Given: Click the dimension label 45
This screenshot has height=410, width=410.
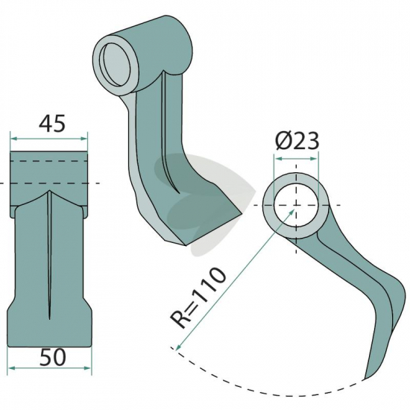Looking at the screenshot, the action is (51, 124).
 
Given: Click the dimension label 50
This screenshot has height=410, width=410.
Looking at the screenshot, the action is (53, 357).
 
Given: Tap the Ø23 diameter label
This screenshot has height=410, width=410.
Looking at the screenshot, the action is (297, 140).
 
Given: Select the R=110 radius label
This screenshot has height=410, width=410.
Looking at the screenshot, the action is (198, 297).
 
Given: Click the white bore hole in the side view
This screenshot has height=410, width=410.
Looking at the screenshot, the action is (296, 206).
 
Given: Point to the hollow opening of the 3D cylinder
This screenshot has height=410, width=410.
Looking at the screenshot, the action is (116, 65).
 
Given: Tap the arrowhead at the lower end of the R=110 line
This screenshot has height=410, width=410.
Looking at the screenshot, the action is (179, 347).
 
